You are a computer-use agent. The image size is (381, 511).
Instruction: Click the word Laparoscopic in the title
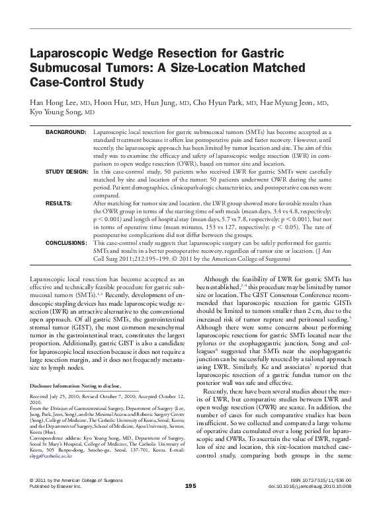(67, 55)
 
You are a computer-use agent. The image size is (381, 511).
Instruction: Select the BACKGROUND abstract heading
(66, 133)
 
